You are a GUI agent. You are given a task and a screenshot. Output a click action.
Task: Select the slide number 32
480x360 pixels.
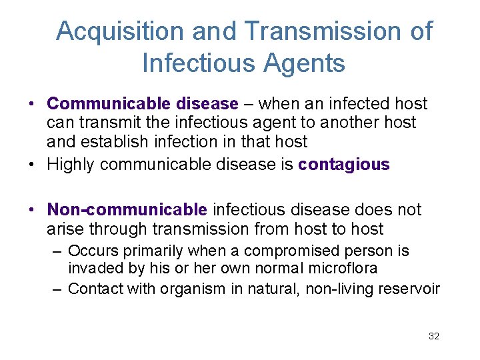click(x=434, y=337)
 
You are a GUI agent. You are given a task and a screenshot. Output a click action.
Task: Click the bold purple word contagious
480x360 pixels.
click(x=344, y=164)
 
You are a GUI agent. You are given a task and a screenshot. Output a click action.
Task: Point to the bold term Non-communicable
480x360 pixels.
click(x=127, y=209)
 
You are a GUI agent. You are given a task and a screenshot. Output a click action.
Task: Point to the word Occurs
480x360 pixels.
click(x=89, y=251)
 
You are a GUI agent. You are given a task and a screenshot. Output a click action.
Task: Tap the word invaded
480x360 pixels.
click(x=94, y=269)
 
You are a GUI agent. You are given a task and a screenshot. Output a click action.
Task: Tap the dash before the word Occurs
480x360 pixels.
click(x=59, y=251)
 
